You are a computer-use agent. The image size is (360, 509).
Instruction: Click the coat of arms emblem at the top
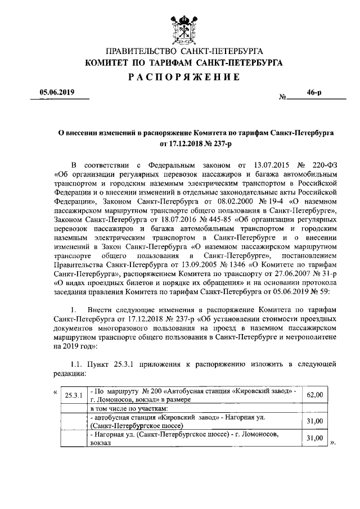coord(179,27)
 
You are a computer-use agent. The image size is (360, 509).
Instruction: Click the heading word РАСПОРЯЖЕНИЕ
coord(179,76)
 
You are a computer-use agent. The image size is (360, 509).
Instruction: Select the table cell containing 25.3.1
coord(74,395)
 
